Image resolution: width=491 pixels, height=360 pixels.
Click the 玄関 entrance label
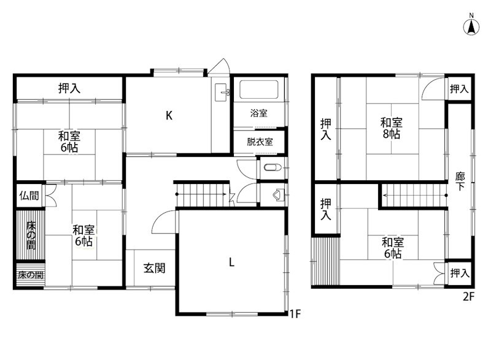click(153, 268)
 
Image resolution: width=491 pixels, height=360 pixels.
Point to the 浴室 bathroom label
click(259, 113)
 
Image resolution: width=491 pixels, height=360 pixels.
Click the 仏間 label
click(28, 196)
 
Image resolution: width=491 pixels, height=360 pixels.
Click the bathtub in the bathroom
click(259, 90)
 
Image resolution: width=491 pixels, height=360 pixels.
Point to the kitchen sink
click(222, 94)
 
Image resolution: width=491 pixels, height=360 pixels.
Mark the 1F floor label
click(295, 315)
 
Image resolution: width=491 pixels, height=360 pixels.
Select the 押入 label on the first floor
click(69, 88)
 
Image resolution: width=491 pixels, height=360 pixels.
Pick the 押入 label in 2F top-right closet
click(459, 89)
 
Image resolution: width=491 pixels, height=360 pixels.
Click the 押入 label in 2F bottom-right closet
click(459, 272)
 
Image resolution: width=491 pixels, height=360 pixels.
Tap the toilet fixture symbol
click(272, 167)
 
